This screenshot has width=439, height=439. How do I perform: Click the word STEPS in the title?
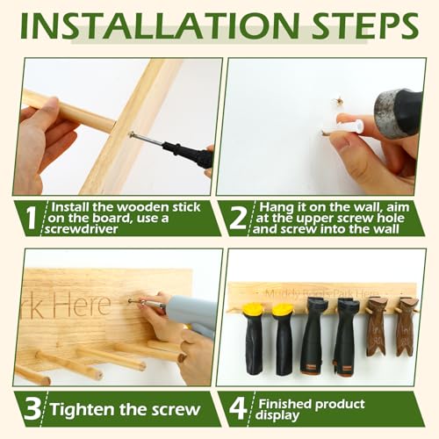coord(365,25)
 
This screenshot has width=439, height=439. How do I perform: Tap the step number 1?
coord(31,218)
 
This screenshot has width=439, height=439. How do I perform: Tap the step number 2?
coord(238,219)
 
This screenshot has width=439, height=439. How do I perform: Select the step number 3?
coord(32,409)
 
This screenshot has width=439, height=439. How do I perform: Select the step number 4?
coord(238,409)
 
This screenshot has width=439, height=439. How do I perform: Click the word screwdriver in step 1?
coord(82,229)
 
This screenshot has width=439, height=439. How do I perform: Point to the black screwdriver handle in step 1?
coord(188,153)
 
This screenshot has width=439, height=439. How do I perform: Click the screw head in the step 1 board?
coord(131,134)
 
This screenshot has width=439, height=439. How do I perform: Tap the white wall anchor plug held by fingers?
coord(349,126)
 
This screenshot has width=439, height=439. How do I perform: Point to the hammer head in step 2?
coord(399,110)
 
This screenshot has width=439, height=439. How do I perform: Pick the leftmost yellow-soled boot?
coord(254,339)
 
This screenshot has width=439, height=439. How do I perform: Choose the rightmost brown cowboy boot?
coord(407,327)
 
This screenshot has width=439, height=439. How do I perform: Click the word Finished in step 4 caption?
coord(284,404)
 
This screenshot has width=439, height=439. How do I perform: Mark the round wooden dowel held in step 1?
coord(68,111)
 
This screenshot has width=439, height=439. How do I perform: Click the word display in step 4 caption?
coord(277,415)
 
